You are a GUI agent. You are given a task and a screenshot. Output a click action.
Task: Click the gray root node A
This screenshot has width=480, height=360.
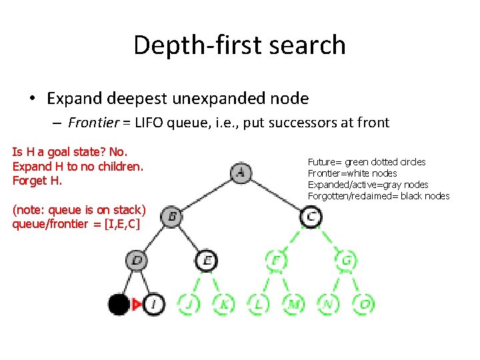[241, 173]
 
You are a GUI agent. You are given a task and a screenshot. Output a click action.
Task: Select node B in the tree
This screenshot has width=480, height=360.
[172, 216]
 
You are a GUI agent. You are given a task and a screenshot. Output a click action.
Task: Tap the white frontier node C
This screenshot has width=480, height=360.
[311, 216]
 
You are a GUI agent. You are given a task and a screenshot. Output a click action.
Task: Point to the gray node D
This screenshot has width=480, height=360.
[137, 259]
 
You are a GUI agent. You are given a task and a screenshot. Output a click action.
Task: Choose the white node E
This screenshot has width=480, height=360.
[207, 259]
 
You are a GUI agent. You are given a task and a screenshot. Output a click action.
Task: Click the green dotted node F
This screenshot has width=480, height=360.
[276, 259]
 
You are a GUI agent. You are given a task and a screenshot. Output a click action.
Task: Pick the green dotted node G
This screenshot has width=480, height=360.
[346, 259]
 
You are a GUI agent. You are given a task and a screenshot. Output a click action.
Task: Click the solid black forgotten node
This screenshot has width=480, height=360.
[119, 305]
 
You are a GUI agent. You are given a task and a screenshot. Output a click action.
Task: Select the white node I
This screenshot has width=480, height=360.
[154, 305]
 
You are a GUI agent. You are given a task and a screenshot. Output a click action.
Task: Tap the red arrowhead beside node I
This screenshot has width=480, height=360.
[137, 305]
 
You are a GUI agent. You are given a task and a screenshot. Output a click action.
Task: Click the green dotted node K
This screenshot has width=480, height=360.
[224, 305]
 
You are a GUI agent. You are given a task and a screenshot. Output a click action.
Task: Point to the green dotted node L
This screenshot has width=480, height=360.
[259, 305]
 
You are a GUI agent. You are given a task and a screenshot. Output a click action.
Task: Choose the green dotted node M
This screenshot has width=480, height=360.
[293, 305]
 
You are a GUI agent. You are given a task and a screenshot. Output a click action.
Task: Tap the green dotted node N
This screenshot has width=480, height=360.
[328, 305]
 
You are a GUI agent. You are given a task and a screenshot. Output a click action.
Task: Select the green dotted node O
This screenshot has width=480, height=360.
[363, 305]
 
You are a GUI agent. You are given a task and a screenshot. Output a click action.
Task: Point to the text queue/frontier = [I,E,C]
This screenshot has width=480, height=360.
[76, 224]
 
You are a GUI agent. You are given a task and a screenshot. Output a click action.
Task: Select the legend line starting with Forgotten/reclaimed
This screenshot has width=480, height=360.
[379, 196]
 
